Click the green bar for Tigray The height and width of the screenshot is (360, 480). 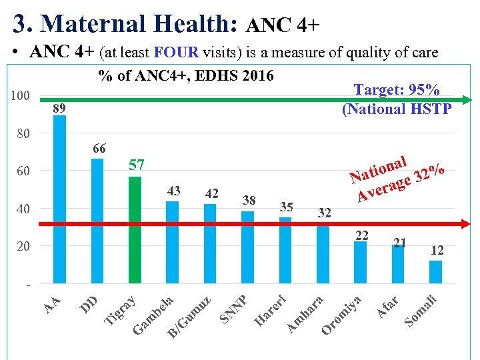tap(135, 230)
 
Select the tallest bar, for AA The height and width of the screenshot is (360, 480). tap(60, 200)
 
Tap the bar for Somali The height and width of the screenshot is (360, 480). tap(436, 272)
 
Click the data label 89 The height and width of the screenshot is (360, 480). tap(60, 108)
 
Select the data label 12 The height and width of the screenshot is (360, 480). tap(437, 250)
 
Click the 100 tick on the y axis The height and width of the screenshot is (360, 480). tap(21, 96)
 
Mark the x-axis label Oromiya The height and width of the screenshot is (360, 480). tap(342, 315)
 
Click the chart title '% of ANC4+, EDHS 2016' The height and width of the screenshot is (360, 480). tap(186, 75)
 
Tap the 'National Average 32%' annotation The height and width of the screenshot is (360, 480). tap(397, 177)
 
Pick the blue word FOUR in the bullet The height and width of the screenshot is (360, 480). tap(174, 53)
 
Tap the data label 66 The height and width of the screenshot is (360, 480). tap(101, 148)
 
